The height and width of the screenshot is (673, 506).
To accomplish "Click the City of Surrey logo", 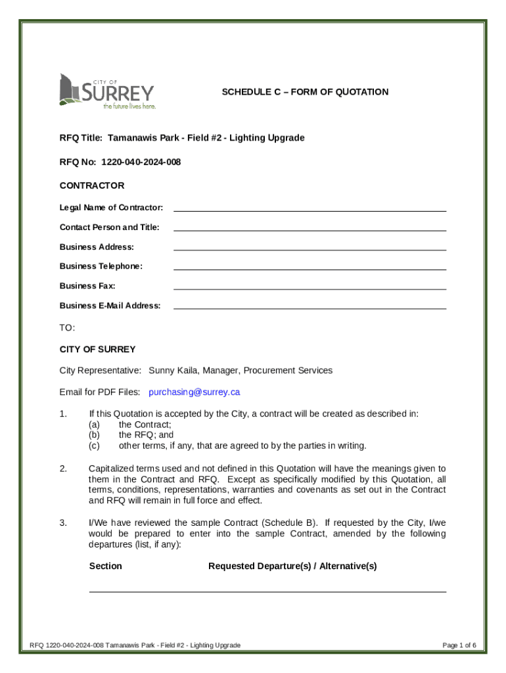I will click(x=107, y=91).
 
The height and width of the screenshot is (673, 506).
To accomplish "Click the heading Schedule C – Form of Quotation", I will click(x=305, y=92).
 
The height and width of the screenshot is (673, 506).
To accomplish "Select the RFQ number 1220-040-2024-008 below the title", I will click(x=141, y=162).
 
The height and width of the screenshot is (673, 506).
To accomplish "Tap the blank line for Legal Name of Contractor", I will click(x=310, y=208).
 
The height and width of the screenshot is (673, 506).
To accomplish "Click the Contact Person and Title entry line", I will click(x=310, y=228).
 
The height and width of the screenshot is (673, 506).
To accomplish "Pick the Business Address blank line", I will click(x=310, y=248).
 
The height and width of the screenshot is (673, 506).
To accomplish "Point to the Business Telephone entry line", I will click(x=310, y=267).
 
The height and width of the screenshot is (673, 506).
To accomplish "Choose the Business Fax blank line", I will click(x=310, y=287).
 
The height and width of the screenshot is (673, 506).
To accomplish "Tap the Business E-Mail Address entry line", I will click(x=310, y=306).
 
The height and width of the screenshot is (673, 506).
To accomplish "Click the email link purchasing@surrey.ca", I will click(x=195, y=392).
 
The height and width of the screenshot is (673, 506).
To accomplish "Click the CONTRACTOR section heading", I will click(x=92, y=186).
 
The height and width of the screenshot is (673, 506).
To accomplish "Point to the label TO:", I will click(x=68, y=327).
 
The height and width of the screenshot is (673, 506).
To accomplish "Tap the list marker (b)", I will click(x=95, y=435).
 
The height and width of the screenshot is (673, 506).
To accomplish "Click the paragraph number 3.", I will click(x=63, y=523).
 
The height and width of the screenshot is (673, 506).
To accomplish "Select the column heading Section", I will click(x=106, y=566).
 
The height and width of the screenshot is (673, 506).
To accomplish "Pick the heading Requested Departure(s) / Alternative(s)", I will click(x=292, y=566).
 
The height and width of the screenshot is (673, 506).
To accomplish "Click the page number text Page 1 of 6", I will click(x=459, y=645).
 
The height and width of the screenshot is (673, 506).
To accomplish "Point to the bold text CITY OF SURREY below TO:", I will click(x=97, y=349).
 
